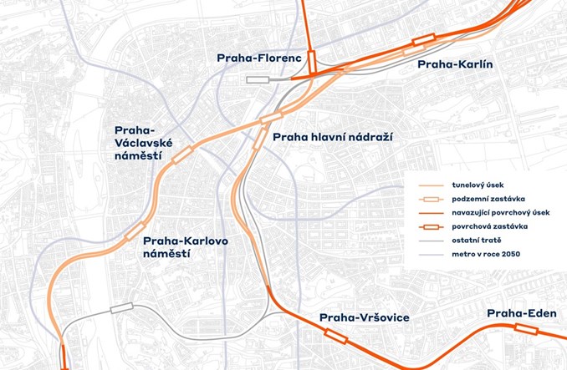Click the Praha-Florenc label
(x=258, y=58)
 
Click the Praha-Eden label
(x=520, y=313)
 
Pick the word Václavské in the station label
(x=137, y=144)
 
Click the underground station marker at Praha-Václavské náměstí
(x=181, y=154)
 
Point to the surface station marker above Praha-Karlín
(x=422, y=38)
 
